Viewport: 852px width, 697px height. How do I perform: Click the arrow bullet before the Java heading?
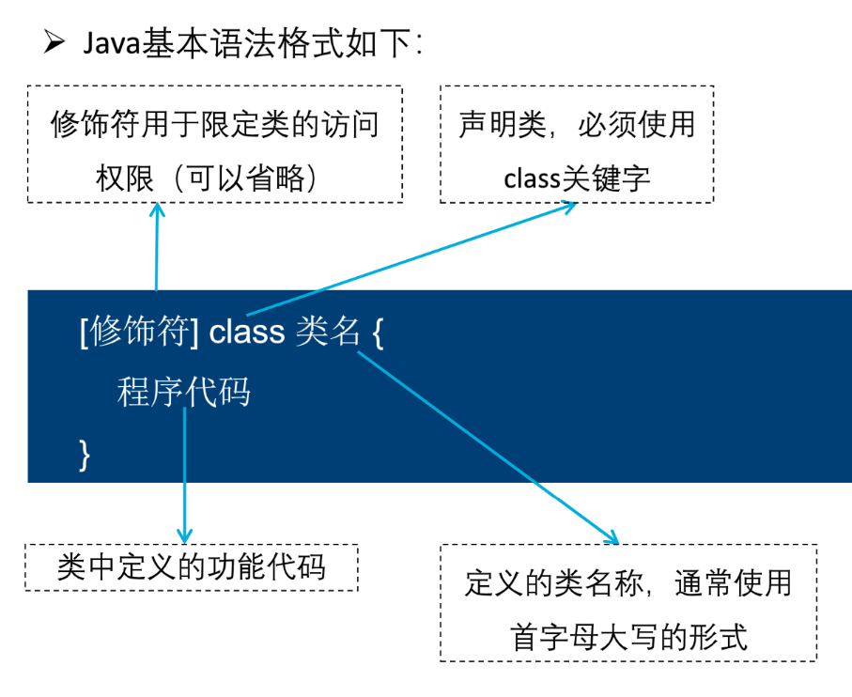(53, 43)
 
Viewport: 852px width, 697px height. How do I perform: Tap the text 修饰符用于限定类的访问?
(215, 125)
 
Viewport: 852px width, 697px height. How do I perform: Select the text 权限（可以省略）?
(215, 177)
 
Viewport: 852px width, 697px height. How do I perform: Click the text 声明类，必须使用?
(577, 125)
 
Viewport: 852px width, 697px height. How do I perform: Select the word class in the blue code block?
(247, 332)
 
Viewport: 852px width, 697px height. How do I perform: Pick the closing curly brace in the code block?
(85, 455)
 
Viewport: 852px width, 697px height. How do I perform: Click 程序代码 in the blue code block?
(184, 392)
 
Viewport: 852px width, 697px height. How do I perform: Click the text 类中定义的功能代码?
(191, 567)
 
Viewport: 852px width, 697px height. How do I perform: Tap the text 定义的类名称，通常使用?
(628, 584)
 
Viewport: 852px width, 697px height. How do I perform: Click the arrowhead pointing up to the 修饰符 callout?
(157, 208)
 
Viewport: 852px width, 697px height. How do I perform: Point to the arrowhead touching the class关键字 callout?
(571, 206)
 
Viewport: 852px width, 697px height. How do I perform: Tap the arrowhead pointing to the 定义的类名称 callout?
(612, 538)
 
